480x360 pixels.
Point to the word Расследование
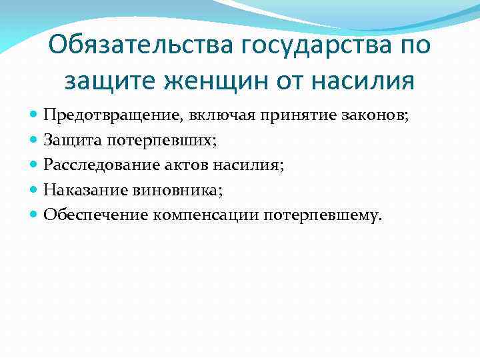[x=94, y=165]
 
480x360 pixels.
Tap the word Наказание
[x=84, y=190]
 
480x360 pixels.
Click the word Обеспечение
[x=95, y=215]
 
